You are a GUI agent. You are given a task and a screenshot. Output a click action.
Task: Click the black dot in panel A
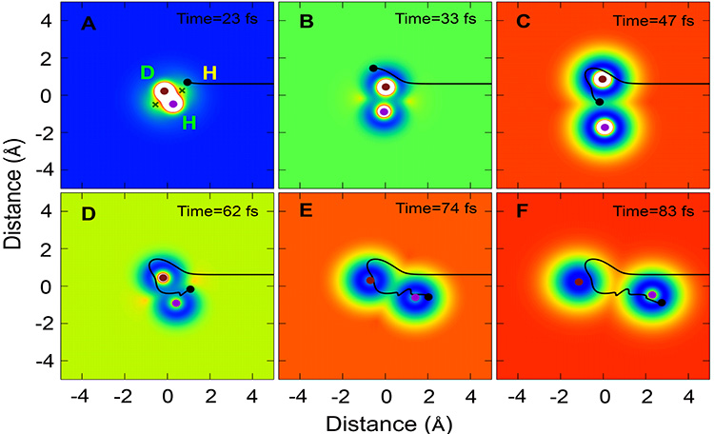click(x=188, y=83)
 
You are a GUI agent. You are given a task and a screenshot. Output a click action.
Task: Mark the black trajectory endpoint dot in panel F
click(x=662, y=303)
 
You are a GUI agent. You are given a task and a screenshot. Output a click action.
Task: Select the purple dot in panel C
click(x=604, y=127)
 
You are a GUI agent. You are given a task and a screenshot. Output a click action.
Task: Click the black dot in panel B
click(x=373, y=68)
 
